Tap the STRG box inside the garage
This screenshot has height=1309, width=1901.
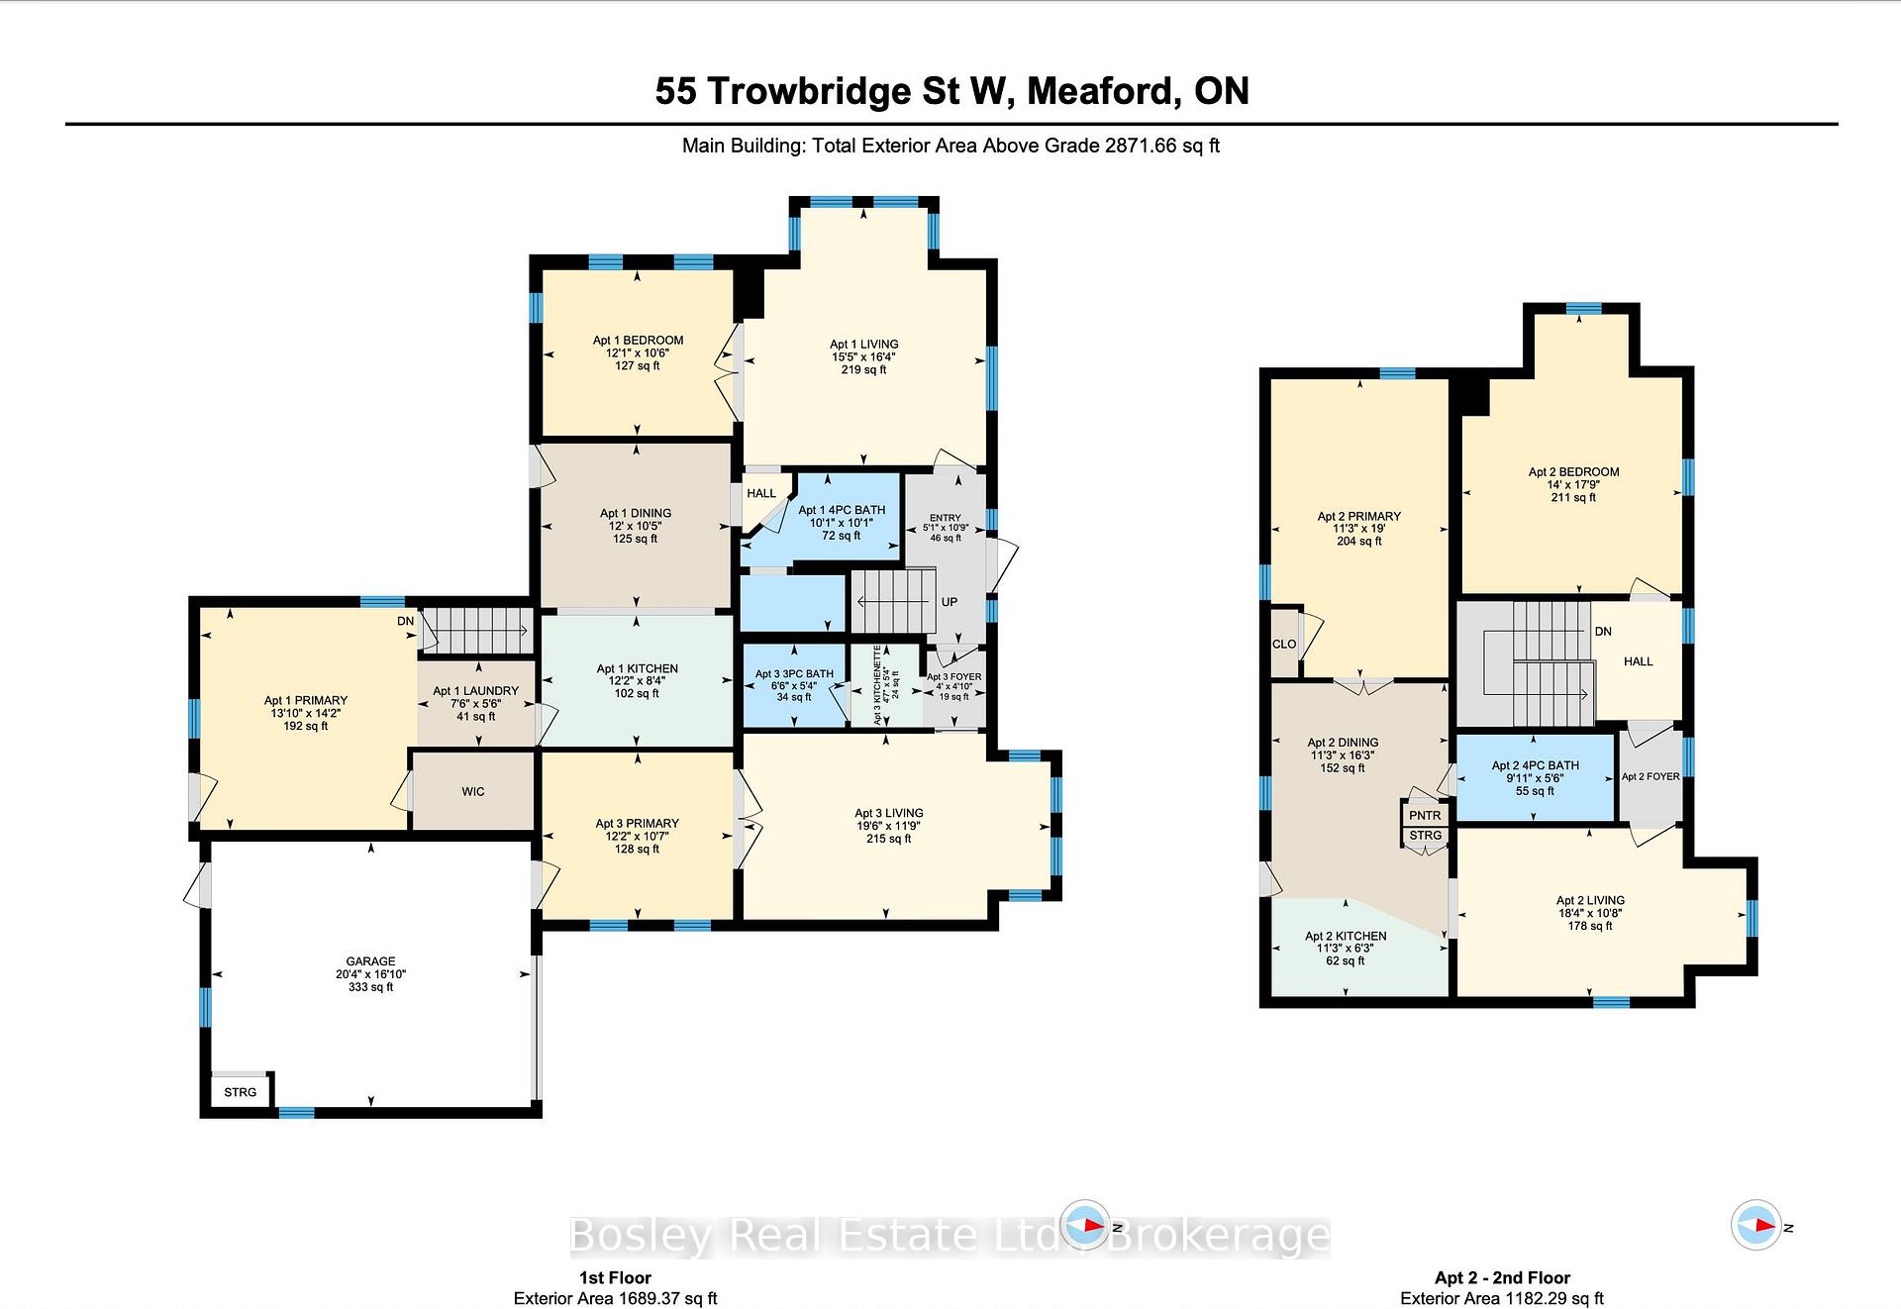(x=241, y=1092)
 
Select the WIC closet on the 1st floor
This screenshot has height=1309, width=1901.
(x=473, y=791)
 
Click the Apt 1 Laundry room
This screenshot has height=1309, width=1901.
(x=476, y=703)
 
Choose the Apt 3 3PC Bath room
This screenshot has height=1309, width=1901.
(x=794, y=685)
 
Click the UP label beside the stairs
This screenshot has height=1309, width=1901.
(x=950, y=602)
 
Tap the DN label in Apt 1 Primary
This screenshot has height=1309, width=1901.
(x=406, y=621)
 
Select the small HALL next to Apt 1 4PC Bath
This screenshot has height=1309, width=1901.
(x=762, y=500)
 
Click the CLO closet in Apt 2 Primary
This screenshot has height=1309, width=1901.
(x=1284, y=644)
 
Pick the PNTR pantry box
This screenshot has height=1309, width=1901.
(x=1425, y=815)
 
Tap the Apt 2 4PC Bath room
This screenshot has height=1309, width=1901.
(x=1536, y=777)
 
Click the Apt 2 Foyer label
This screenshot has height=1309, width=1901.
(x=1651, y=776)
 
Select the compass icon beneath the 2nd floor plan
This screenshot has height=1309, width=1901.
(x=1756, y=1225)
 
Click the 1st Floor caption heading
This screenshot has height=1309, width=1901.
(x=615, y=1277)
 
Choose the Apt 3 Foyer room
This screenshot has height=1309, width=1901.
(x=954, y=686)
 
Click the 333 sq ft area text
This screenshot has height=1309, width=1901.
(x=370, y=987)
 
